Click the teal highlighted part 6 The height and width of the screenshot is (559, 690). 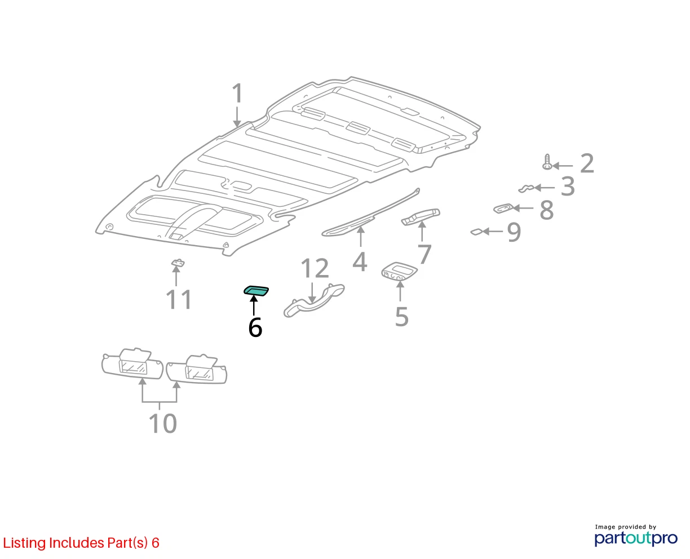coord(256,291)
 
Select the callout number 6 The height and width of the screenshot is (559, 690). coord(255,327)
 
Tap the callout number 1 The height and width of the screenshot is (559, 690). coord(237,94)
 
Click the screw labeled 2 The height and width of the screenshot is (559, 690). coord(547,162)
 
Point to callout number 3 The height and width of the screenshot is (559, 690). coord(568,187)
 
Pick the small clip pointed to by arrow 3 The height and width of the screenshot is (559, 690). coord(526,188)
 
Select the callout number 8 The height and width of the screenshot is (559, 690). coord(546,210)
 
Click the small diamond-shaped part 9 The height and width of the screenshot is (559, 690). coord(476,232)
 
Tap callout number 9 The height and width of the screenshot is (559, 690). coord(514,232)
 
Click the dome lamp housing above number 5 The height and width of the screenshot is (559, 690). coord(399,270)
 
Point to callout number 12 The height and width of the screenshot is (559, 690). coord(315,268)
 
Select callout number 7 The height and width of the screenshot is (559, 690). coord(424,254)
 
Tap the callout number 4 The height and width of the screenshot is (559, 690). coord(360,261)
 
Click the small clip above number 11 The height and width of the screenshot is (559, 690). coord(178,263)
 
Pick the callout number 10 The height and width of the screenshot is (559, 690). coord(162,423)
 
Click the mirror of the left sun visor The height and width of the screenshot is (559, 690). coord(133,367)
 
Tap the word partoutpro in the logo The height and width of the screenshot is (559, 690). coord(636,538)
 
